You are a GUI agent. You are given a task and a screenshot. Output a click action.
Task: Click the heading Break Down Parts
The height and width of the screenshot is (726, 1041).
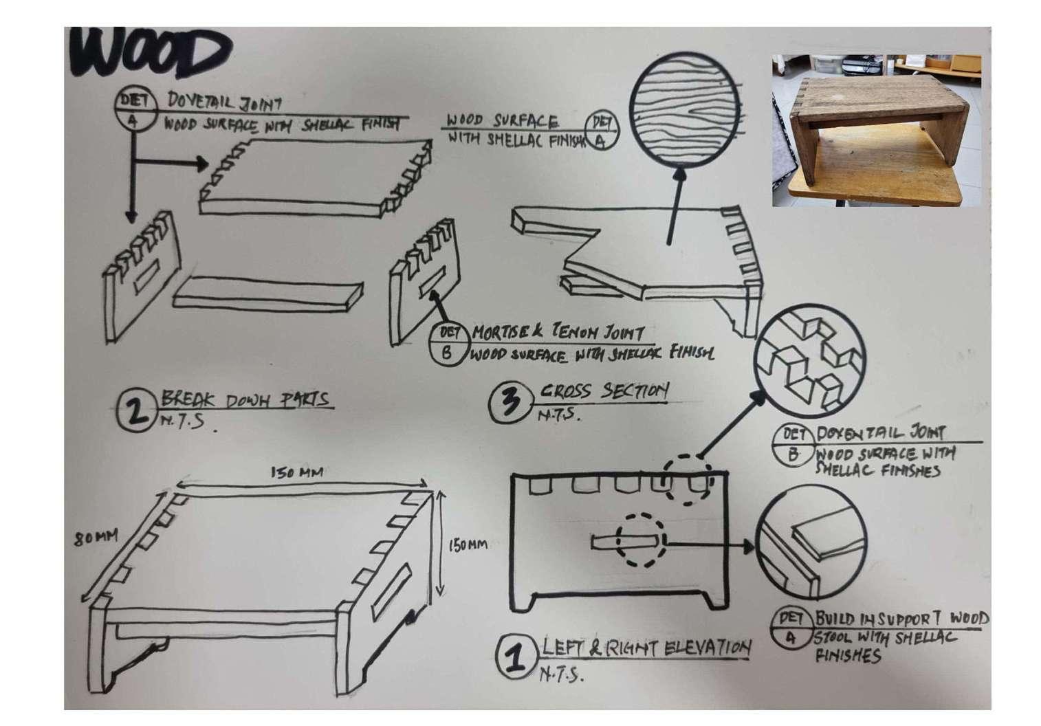tap(244, 399)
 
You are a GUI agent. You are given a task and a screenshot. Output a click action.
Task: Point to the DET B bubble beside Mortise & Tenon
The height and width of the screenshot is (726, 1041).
tap(449, 342)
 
